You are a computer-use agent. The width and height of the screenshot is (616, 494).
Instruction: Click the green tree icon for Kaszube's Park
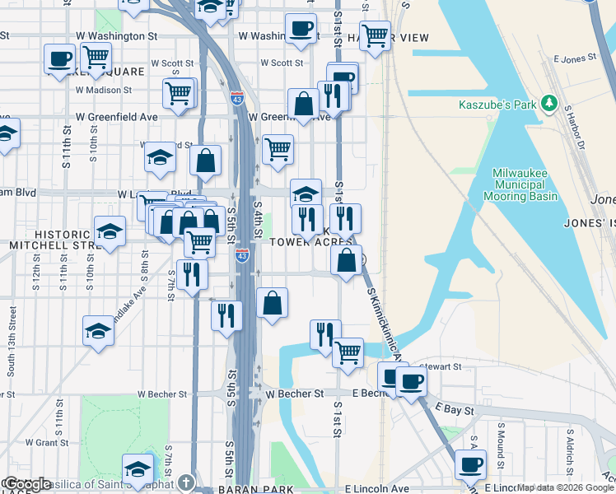coord(545,105)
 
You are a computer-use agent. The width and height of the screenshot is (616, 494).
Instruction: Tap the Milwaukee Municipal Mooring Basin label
coord(525,184)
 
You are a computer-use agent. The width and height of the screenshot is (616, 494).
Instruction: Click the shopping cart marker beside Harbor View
coord(375,35)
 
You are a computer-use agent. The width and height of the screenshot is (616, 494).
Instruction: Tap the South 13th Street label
coord(12,342)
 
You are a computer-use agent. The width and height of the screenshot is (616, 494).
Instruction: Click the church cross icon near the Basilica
coord(187,482)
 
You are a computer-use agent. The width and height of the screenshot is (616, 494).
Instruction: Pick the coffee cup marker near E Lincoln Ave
coord(471,465)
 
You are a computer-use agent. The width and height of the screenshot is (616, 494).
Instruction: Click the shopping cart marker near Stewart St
coord(348,352)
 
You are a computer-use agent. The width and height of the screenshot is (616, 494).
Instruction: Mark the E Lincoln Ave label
coord(376,488)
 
